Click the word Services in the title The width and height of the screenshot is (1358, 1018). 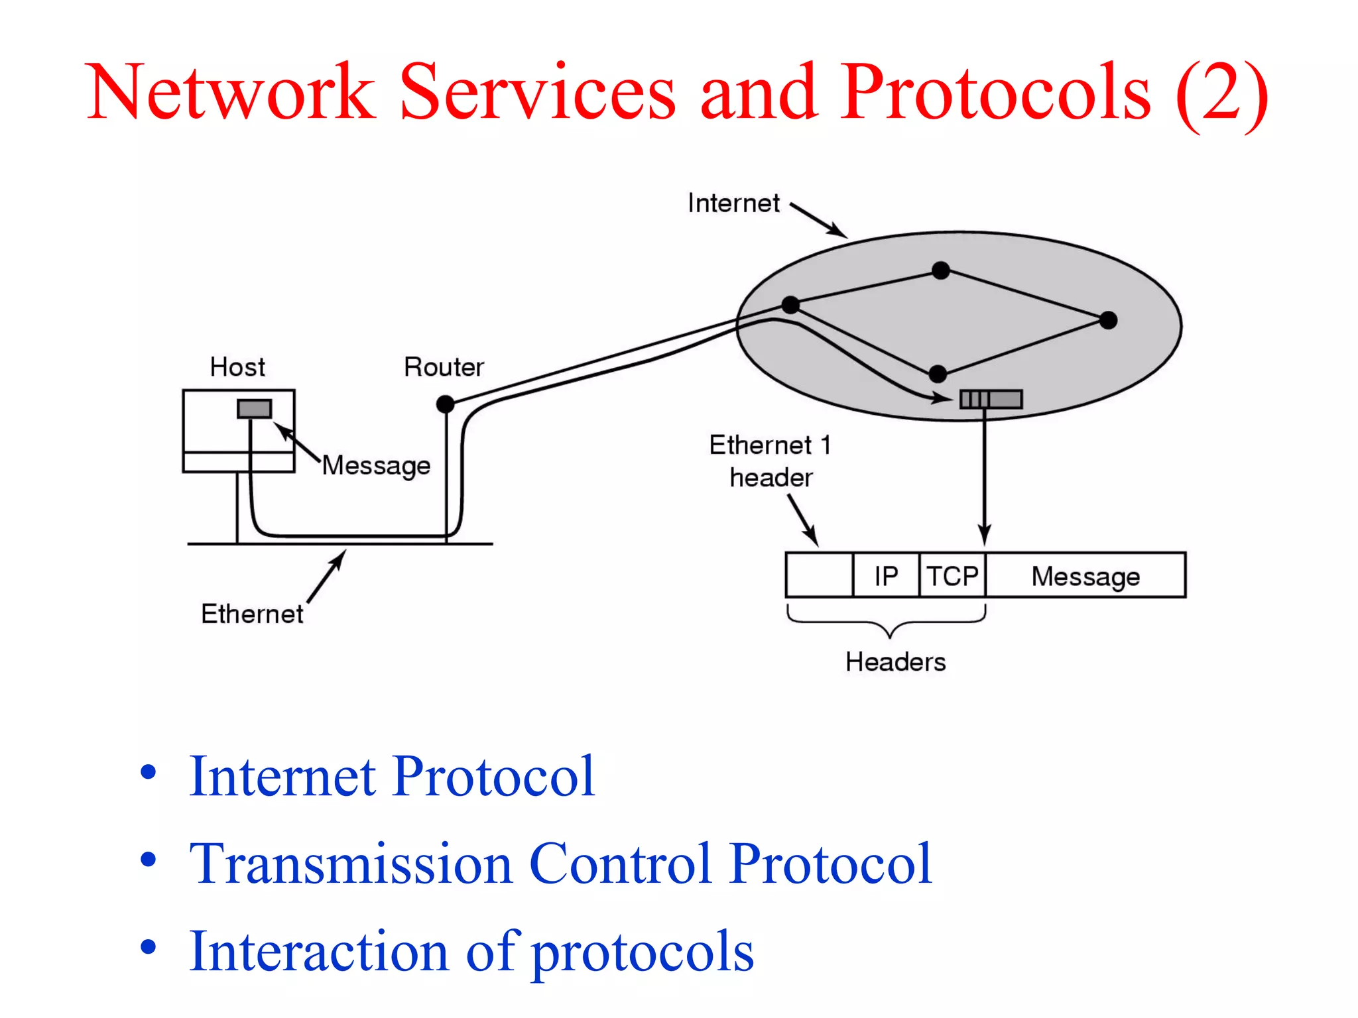538,93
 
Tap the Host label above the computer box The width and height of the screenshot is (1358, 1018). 237,367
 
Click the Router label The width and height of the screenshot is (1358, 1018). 444,367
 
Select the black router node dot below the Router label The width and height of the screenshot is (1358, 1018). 446,404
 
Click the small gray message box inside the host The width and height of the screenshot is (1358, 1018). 255,408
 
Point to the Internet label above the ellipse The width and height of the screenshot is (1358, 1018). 733,203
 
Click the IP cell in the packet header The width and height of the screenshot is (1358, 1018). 886,576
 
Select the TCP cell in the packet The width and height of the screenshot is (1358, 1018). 952,576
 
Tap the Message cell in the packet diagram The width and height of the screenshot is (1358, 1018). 1085,576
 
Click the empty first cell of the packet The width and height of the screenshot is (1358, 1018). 819,575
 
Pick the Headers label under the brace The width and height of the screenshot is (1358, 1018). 895,661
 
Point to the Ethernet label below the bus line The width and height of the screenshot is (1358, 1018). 252,614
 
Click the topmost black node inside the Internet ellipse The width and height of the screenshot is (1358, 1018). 940,270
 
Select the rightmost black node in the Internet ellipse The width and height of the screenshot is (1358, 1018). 1108,321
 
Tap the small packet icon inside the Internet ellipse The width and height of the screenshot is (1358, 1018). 991,399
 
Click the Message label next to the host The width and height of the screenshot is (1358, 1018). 376,465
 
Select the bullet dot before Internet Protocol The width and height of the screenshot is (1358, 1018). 149,773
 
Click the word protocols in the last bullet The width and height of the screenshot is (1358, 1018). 643,952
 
